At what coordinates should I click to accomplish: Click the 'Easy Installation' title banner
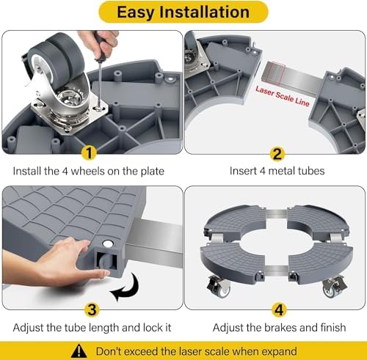pos(183,12)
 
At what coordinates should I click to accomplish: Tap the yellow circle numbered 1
pos(90,153)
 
